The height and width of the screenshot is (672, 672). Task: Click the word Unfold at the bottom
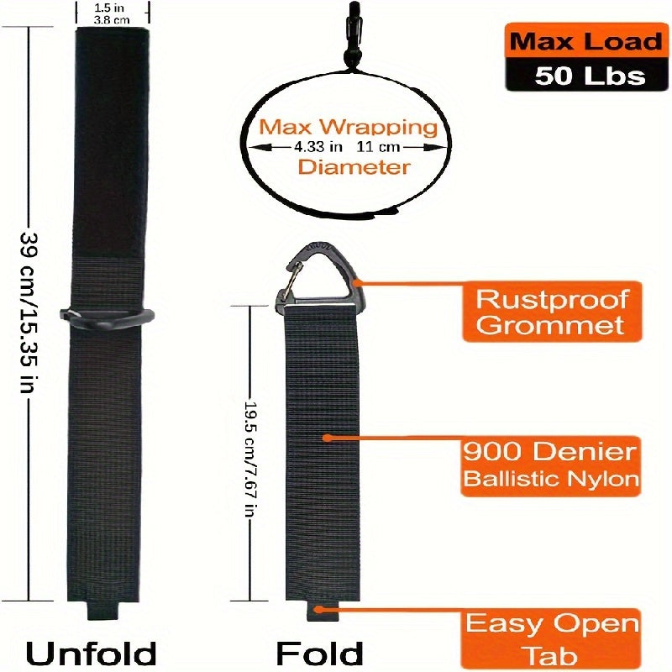(x=92, y=651)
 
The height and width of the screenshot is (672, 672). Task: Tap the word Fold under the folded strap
(x=319, y=651)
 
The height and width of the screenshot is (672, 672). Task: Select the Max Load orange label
(x=575, y=40)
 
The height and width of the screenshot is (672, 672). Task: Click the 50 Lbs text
(x=589, y=76)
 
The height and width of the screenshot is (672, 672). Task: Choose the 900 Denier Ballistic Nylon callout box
(x=550, y=465)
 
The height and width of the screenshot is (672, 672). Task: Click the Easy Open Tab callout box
(x=553, y=636)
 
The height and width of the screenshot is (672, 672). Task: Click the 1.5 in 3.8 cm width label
(x=113, y=12)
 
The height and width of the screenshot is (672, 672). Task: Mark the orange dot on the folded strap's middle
(x=327, y=438)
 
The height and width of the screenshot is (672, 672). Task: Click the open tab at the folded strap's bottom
(x=318, y=611)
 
